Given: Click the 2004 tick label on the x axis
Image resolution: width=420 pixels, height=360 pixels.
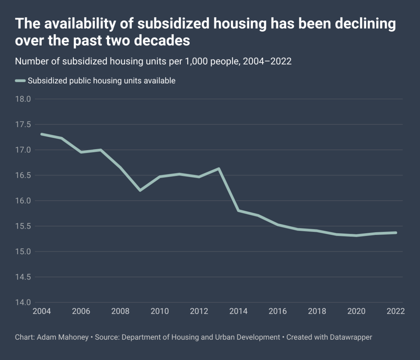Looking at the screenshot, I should [x=41, y=311].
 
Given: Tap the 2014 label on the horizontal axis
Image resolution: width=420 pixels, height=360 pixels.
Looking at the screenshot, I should [x=239, y=311].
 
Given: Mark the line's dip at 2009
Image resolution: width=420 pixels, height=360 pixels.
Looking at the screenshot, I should [x=140, y=191].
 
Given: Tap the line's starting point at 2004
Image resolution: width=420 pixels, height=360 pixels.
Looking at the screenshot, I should [x=41, y=134].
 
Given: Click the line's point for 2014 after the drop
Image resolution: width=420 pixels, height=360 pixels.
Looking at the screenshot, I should [x=239, y=210].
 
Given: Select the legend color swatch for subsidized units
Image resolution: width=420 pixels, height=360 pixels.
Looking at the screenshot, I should [x=20, y=81].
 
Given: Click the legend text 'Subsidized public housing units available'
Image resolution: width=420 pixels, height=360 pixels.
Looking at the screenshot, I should [x=101, y=81].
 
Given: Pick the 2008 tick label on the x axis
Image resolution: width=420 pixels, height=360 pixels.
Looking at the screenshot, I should [x=120, y=311].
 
